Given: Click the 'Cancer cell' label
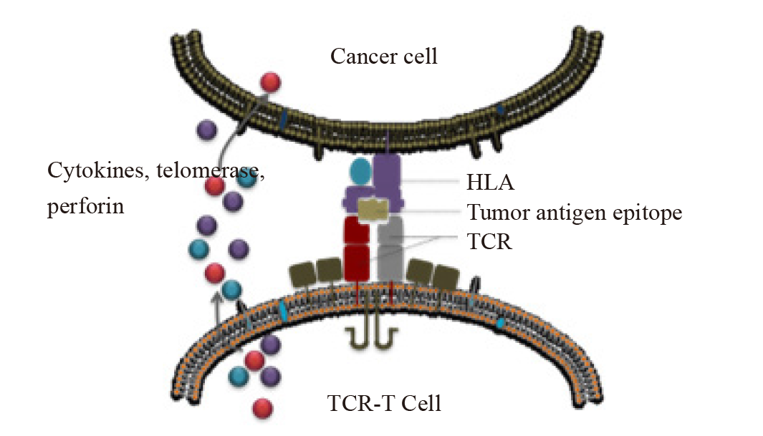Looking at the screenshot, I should click(383, 56).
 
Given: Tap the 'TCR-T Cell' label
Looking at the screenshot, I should click(384, 402).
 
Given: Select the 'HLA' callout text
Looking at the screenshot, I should click(490, 183).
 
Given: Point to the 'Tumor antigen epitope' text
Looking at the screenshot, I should click(574, 213).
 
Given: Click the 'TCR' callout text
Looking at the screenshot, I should click(489, 242).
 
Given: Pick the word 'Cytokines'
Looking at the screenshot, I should click(87, 173).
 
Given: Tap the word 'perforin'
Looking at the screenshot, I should click(85, 207).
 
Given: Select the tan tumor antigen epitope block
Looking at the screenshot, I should click(374, 209).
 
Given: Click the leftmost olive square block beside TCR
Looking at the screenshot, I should click(300, 274).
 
